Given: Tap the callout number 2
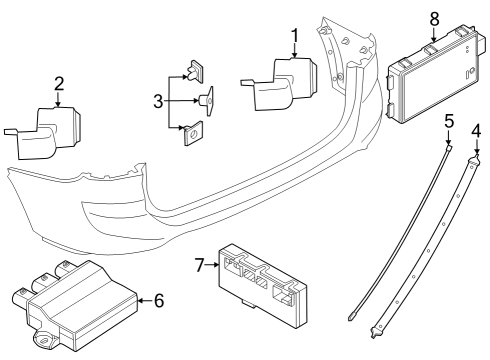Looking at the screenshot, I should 59,84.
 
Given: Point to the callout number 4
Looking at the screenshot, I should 476,130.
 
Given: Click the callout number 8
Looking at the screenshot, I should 433,19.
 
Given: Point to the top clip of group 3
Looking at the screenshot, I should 195,71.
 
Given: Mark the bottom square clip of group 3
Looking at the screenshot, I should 195,133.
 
